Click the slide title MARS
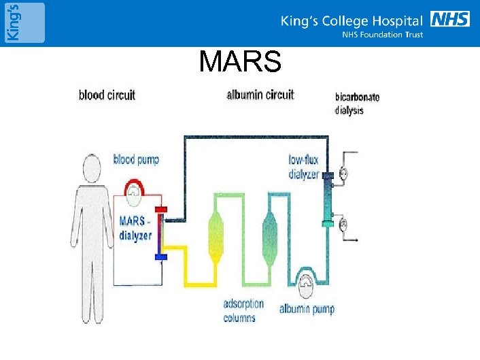(x=240, y=63)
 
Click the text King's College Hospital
(x=352, y=21)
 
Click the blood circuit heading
(x=107, y=95)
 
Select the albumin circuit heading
(x=260, y=95)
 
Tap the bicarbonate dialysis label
(x=357, y=103)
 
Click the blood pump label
(x=136, y=160)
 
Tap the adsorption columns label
(x=243, y=310)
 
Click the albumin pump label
(x=307, y=310)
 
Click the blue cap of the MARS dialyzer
(x=161, y=257)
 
